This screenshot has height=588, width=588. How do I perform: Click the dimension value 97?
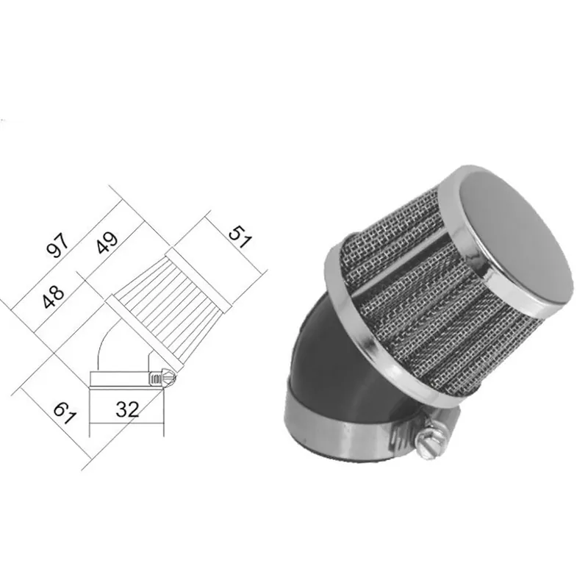click(x=58, y=245)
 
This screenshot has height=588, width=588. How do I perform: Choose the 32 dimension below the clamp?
click(x=127, y=409)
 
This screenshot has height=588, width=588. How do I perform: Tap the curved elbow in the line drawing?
click(x=110, y=345)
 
